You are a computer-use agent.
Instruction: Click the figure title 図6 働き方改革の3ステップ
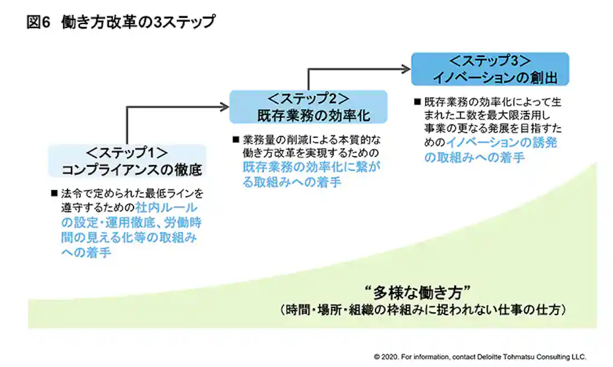pos(120,23)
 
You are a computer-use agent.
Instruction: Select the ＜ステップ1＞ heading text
pos(127,153)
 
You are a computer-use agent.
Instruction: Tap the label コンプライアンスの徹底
pos(131,169)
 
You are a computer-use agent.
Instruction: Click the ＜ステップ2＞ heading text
pos(308,99)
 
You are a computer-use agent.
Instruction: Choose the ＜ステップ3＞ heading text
pos(490,61)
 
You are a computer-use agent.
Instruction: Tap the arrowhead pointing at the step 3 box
pos(406,69)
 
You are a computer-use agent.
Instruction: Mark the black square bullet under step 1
pos(54,194)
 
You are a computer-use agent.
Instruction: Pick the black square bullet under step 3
pos(417,102)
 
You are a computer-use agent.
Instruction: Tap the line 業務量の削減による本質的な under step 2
pos(312,138)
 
